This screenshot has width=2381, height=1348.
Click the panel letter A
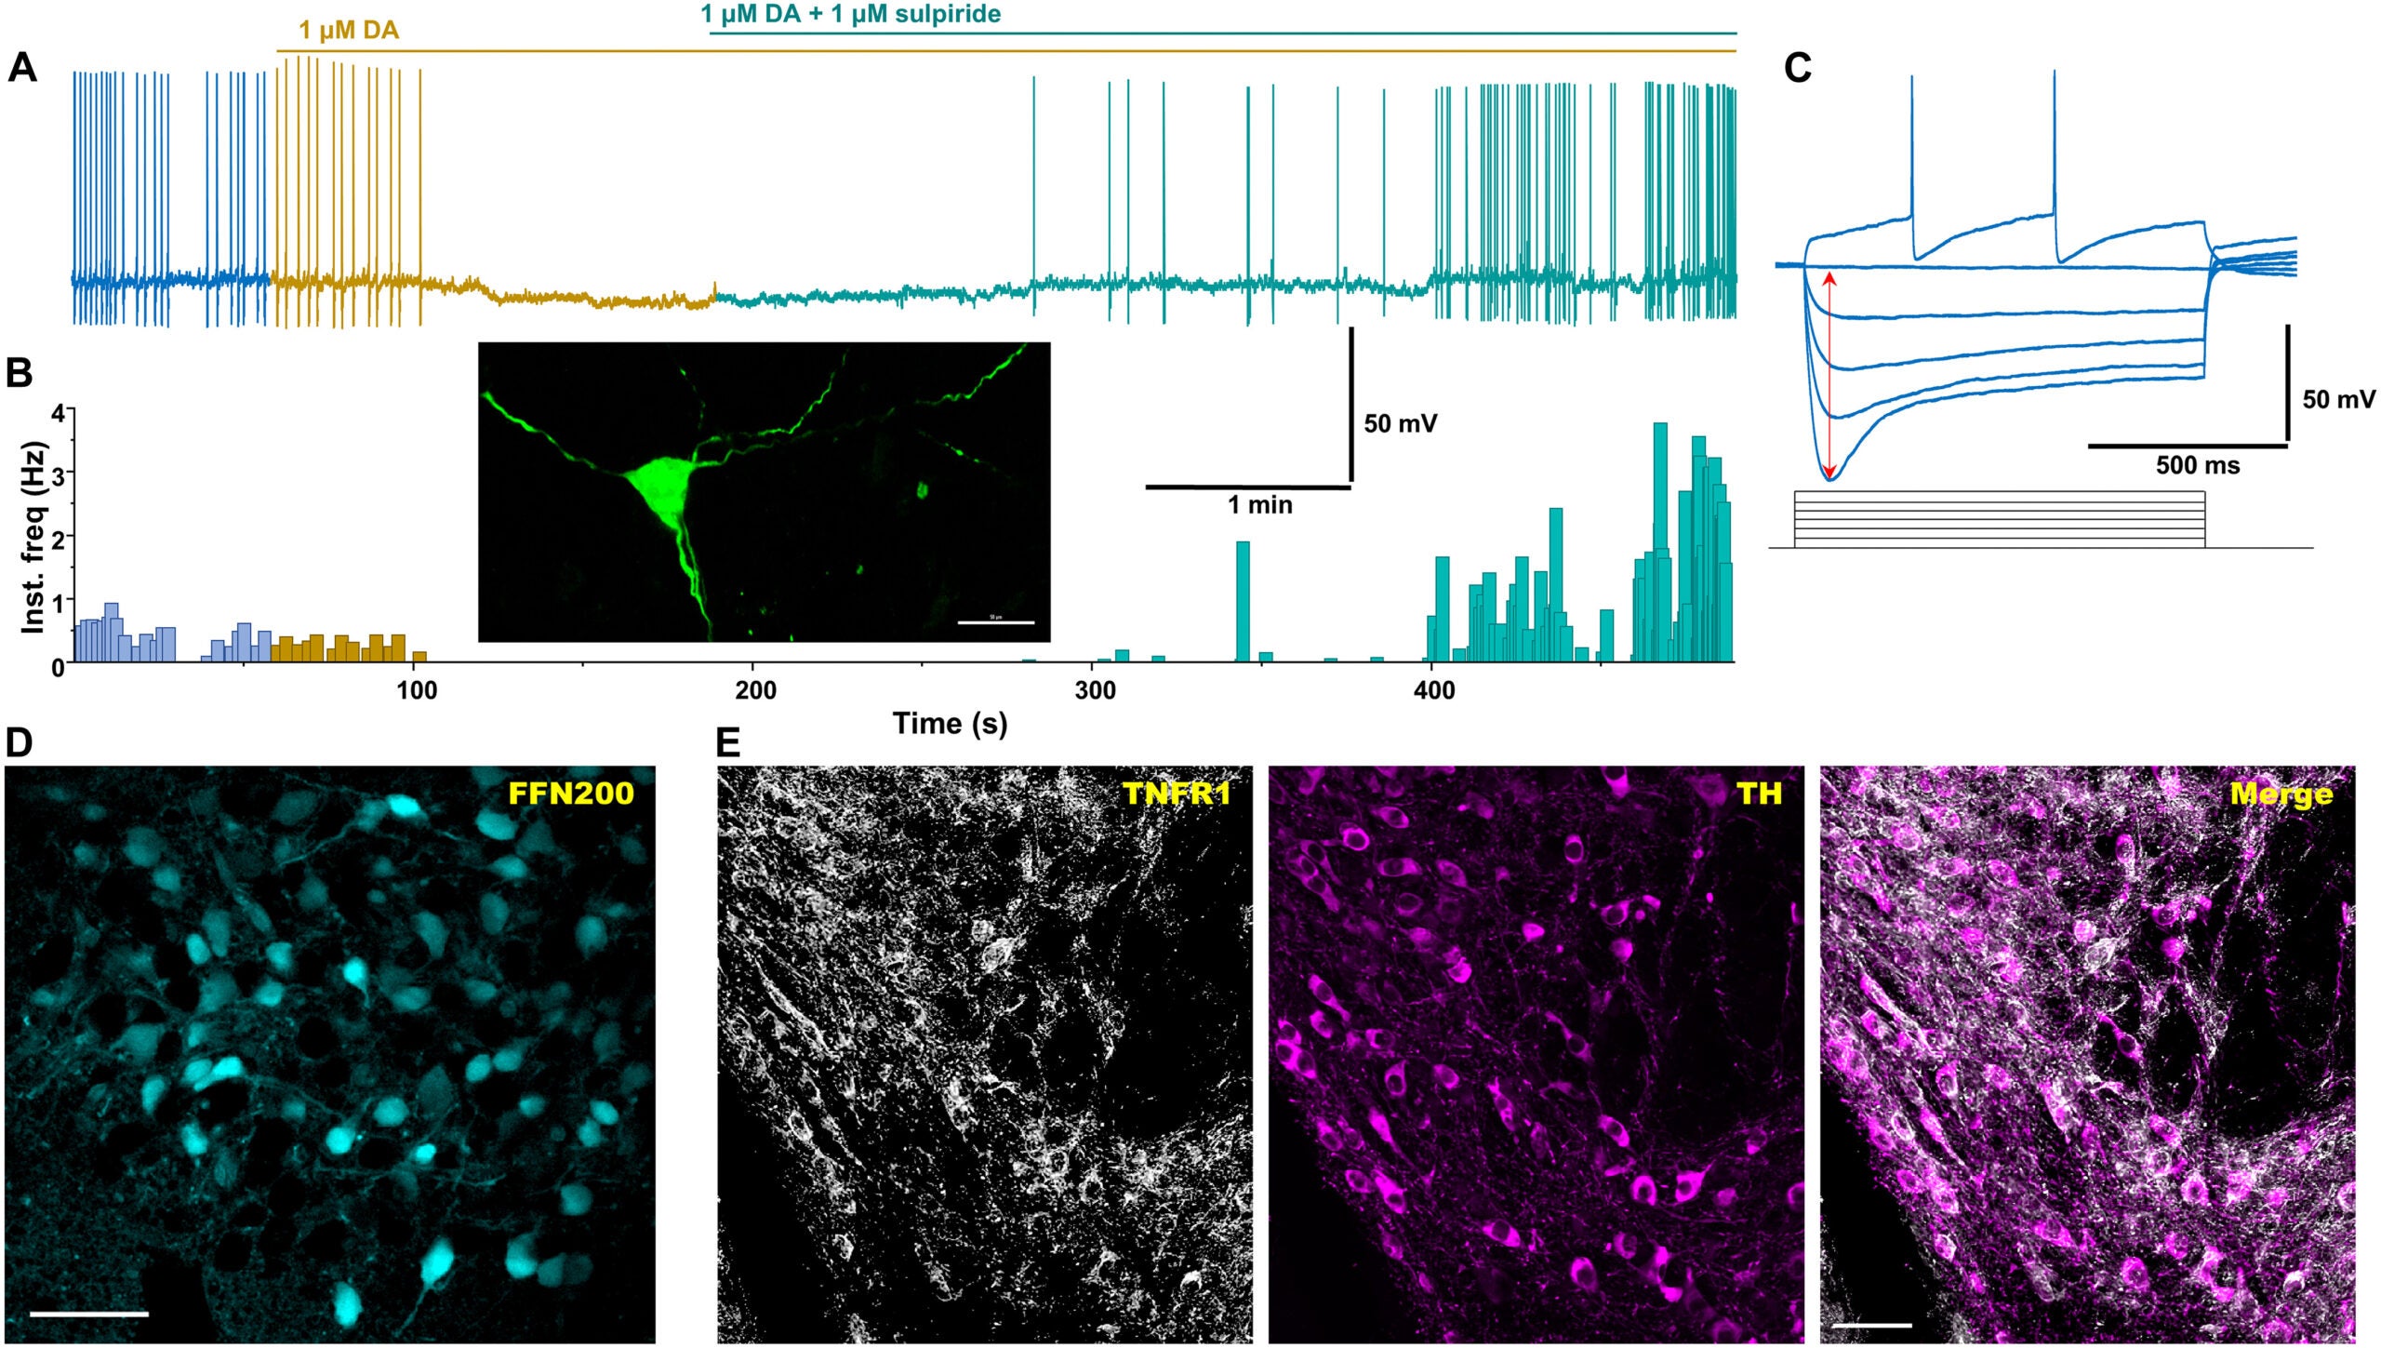point(22,70)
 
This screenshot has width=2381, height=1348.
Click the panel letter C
point(1798,69)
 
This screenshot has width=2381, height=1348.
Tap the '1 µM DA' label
point(349,31)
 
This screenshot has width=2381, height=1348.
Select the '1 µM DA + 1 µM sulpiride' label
point(850,14)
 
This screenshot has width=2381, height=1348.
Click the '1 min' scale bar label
point(1259,505)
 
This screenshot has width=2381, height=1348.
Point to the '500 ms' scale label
point(2198,465)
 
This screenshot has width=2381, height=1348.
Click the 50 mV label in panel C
point(2338,400)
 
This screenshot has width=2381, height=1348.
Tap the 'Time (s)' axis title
point(950,723)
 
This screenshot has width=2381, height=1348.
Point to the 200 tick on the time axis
point(755,690)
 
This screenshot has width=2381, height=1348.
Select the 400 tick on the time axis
point(1434,690)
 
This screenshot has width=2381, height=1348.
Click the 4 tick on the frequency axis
point(58,412)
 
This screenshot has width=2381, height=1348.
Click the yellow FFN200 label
point(570,793)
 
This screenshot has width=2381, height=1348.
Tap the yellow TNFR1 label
point(1177,793)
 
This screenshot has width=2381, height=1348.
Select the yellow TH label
point(1758,793)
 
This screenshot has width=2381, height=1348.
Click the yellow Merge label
point(2281,794)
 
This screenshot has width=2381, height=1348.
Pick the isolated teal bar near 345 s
point(1243,601)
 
